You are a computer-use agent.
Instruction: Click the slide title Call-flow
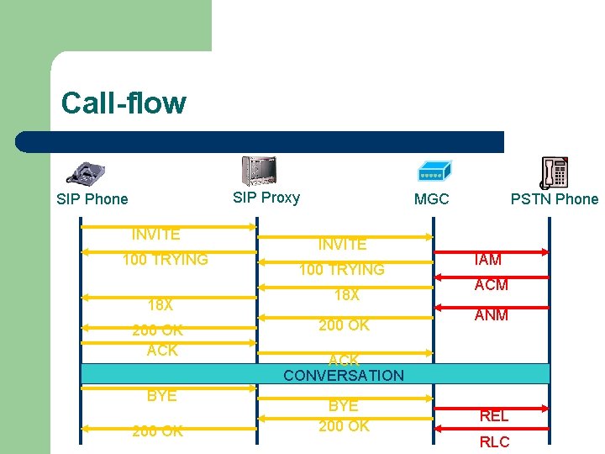pyautogui.click(x=124, y=103)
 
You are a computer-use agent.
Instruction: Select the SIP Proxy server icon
pyautogui.click(x=258, y=171)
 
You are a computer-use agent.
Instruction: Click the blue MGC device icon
pyautogui.click(x=434, y=172)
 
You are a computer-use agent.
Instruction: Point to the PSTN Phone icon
pyautogui.click(x=554, y=173)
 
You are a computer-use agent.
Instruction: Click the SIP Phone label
pyautogui.click(x=92, y=199)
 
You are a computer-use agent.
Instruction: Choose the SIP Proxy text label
pyautogui.click(x=266, y=198)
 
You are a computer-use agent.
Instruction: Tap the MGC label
pyautogui.click(x=431, y=199)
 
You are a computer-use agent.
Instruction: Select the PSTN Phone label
pyautogui.click(x=555, y=199)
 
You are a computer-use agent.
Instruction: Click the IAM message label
pyautogui.click(x=488, y=260)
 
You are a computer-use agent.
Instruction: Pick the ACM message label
pyautogui.click(x=491, y=285)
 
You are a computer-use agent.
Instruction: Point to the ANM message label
pyautogui.click(x=491, y=315)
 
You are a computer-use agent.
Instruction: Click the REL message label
pyautogui.click(x=494, y=415)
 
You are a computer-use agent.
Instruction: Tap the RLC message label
pyautogui.click(x=494, y=442)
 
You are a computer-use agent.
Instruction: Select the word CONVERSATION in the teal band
pyautogui.click(x=344, y=375)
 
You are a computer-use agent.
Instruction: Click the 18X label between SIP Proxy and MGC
pyautogui.click(x=346, y=295)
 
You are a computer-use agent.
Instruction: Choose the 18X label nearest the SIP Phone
pyautogui.click(x=160, y=304)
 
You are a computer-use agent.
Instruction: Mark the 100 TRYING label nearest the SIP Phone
pyautogui.click(x=165, y=260)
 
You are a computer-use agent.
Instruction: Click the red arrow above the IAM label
pyautogui.click(x=492, y=251)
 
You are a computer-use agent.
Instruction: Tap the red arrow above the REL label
pyautogui.click(x=492, y=404)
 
